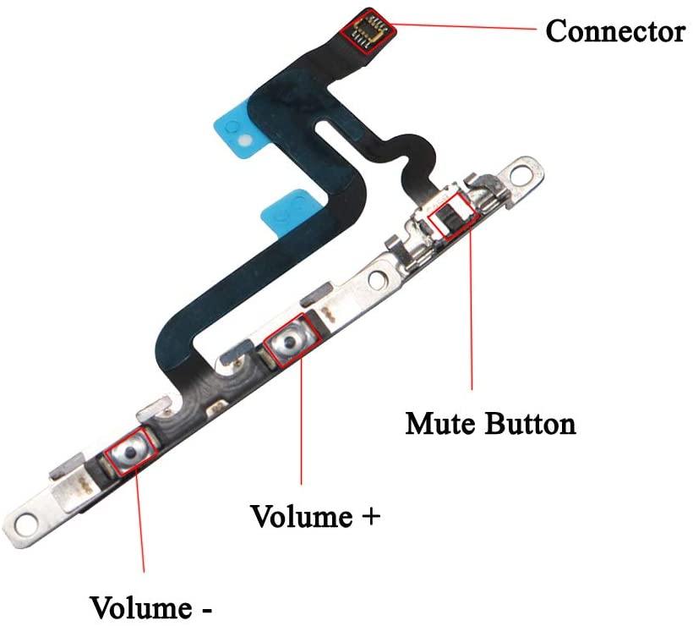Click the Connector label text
pyautogui.click(x=614, y=31)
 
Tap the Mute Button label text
pyautogui.click(x=490, y=422)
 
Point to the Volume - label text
pyautogui.click(x=152, y=607)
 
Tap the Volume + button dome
pyautogui.click(x=289, y=343)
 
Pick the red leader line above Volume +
pyautogui.click(x=301, y=431)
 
